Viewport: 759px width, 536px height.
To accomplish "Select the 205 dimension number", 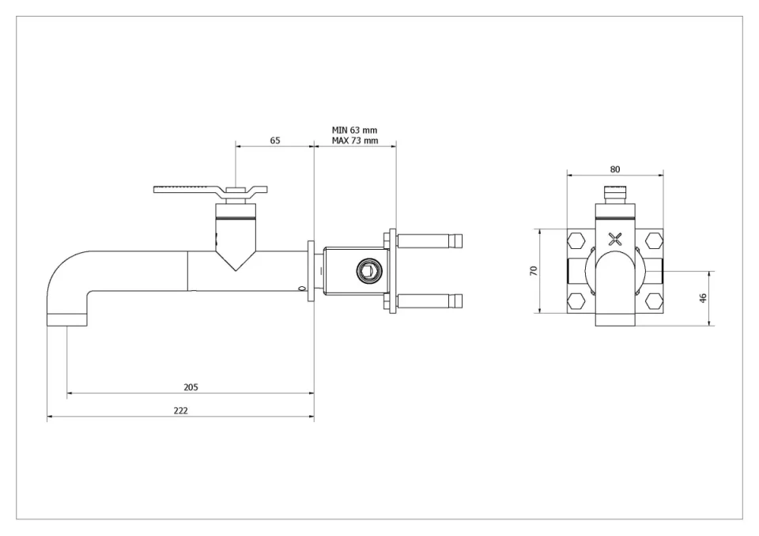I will tap(191, 387).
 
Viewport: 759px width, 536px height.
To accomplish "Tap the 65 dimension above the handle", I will tap(275, 140).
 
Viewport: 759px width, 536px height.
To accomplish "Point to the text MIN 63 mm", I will tap(354, 130).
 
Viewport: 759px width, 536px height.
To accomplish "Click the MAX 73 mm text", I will tap(354, 141).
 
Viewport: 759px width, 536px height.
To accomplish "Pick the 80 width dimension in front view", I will tap(615, 169).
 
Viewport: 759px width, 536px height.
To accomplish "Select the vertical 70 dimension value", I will tap(534, 270).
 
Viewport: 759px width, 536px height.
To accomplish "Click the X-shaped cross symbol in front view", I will tap(615, 238).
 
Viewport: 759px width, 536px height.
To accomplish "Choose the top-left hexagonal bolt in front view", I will tap(576, 240).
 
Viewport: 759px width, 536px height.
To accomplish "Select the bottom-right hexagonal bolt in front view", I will tap(653, 301).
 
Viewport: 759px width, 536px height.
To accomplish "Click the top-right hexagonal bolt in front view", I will tap(653, 240).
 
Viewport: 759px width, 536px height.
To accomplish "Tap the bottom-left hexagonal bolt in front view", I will tap(576, 301).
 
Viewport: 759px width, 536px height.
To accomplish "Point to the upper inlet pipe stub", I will tap(431, 239).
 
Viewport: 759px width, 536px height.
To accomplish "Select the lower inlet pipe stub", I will tap(431, 301).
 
